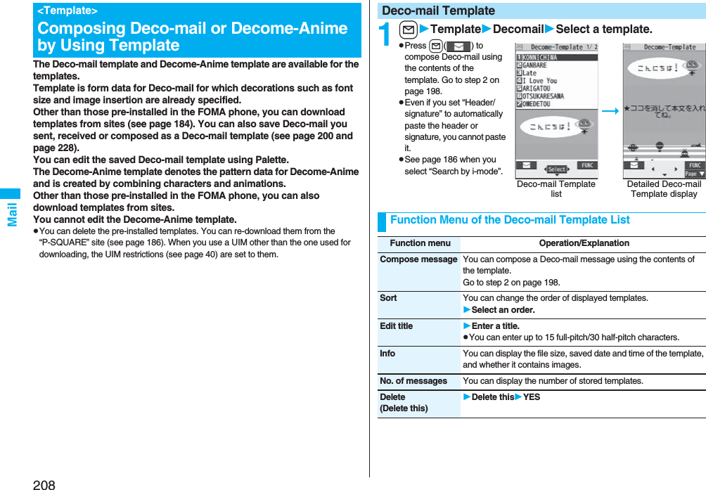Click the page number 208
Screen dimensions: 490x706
click(44, 484)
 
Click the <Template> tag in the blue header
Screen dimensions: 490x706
click(68, 11)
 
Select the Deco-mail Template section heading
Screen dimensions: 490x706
click(438, 11)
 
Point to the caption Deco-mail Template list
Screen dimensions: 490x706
click(556, 188)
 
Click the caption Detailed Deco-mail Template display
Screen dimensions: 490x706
click(664, 188)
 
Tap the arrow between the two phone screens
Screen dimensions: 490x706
click(610, 111)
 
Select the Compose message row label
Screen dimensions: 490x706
click(418, 259)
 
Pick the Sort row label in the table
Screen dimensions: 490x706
click(388, 298)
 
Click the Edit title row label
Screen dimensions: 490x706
click(397, 326)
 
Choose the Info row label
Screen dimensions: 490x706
click(387, 354)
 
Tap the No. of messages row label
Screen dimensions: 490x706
click(413, 381)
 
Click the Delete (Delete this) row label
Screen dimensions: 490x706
click(404, 403)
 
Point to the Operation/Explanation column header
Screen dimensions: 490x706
click(584, 243)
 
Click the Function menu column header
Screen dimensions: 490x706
click(420, 243)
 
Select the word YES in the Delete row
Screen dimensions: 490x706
click(532, 397)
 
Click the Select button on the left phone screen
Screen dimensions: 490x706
click(557, 169)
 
